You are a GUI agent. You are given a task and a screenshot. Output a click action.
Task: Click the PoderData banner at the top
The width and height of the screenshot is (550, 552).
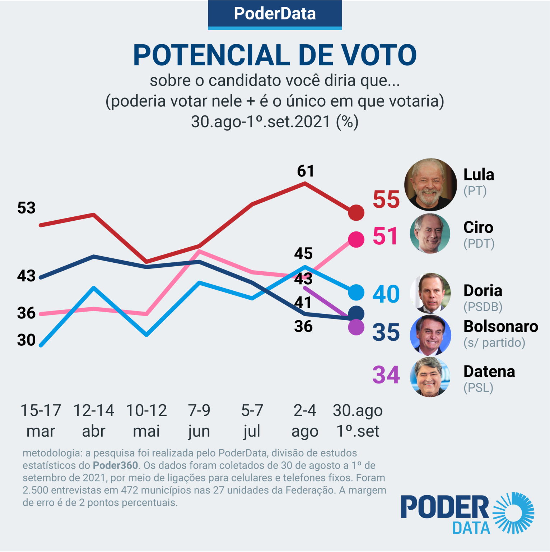click(275, 14)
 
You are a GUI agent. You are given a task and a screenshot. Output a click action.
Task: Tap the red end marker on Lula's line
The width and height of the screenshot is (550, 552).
click(356, 213)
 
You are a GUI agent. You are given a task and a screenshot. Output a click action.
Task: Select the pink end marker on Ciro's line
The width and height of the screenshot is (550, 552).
click(356, 239)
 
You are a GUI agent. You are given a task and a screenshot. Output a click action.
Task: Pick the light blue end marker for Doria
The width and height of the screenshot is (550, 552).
click(356, 292)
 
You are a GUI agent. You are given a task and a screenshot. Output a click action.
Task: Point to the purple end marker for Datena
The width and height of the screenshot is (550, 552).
click(356, 327)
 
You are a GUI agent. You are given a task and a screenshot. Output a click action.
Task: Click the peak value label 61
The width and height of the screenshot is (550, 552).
click(306, 171)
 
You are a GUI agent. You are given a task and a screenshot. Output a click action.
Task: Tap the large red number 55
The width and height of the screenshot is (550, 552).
click(386, 199)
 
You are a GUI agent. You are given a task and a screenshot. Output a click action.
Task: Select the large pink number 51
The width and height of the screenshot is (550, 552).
click(385, 236)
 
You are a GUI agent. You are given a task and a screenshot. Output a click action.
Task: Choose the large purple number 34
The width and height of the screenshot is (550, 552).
click(386, 375)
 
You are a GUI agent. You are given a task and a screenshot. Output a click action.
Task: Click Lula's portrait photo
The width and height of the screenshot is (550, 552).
click(430, 184)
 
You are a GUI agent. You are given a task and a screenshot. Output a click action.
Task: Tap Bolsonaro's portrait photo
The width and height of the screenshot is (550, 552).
click(430, 335)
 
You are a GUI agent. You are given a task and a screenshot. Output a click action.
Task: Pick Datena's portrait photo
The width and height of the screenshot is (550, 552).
click(430, 377)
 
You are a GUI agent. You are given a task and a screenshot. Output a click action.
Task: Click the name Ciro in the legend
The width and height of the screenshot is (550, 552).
click(478, 227)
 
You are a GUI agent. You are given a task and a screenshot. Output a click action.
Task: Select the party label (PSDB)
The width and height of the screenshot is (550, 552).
click(483, 307)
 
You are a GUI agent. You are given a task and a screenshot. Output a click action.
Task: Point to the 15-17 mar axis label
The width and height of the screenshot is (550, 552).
click(41, 420)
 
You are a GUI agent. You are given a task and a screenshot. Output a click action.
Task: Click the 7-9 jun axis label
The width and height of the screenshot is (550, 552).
click(199, 420)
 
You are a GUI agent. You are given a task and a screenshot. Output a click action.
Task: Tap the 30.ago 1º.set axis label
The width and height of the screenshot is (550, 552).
click(358, 420)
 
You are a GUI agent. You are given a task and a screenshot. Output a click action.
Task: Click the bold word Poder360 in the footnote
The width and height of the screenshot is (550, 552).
click(115, 465)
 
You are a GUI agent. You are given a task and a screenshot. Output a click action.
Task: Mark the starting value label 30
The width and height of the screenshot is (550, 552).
click(26, 340)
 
